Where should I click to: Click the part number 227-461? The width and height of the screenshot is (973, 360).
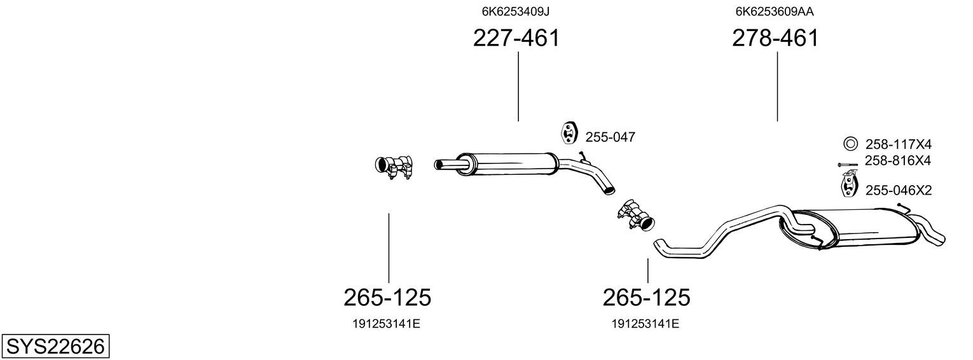(516, 38)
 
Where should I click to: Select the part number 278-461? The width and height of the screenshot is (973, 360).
(775, 38)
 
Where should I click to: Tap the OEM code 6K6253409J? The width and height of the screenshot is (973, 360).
(516, 11)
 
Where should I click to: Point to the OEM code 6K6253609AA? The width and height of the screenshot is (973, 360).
(775, 11)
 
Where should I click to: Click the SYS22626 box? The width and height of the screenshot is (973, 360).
(55, 347)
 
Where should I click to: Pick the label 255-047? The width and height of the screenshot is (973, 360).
(611, 137)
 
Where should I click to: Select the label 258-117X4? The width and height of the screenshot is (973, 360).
(899, 144)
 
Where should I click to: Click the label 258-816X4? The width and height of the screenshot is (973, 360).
(898, 161)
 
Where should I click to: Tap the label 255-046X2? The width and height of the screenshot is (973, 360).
(899, 190)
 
